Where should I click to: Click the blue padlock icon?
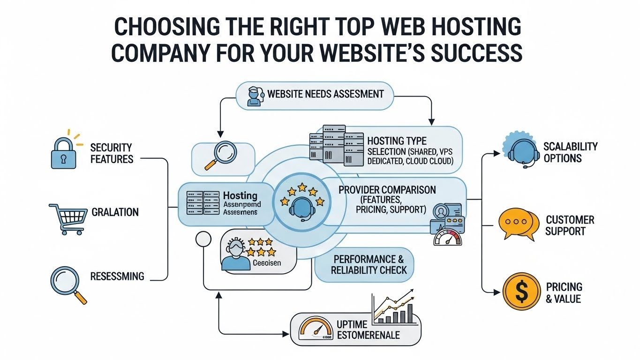point(63,154)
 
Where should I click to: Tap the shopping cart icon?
point(68,218)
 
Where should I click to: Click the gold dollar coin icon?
point(521,291)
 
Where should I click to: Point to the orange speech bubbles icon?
point(518,224)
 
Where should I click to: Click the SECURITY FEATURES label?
point(112,153)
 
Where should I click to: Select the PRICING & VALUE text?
point(564,292)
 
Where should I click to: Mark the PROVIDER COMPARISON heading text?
point(387,190)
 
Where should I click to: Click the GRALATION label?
point(115,212)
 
